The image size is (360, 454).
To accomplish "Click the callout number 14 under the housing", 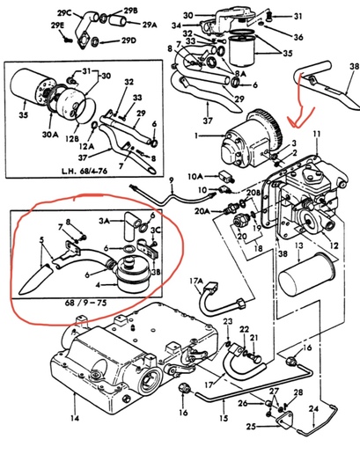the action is (75, 418).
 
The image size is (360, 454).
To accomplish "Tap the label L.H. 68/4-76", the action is (84, 171).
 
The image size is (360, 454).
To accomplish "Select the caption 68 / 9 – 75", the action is (85, 303).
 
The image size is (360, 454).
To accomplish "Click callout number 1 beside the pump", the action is (196, 135).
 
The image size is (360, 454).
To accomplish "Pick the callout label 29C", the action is (64, 13).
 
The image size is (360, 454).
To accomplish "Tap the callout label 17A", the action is (196, 282).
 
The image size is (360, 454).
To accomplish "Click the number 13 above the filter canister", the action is (298, 245).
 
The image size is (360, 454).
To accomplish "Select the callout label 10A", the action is (195, 177).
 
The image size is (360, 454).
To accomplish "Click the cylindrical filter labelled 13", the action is (306, 275).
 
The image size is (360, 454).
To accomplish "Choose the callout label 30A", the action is (50, 135).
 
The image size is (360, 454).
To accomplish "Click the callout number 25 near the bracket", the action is (251, 426).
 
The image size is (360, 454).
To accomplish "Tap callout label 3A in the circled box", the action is (105, 221).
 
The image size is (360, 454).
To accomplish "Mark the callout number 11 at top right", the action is (317, 135).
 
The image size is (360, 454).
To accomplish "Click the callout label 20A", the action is (202, 210).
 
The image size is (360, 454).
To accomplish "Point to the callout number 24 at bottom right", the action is (313, 408).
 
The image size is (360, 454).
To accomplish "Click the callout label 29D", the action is (129, 40).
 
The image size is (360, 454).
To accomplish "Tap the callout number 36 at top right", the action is (298, 37).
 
